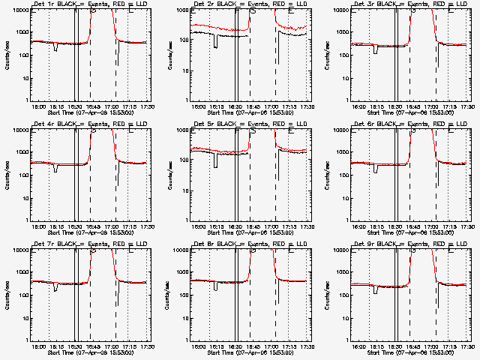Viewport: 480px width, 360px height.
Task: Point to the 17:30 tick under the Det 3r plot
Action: pos(467,106)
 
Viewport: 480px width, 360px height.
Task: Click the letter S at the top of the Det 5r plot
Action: pos(253,131)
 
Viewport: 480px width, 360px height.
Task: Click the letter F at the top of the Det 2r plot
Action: pos(237,11)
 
